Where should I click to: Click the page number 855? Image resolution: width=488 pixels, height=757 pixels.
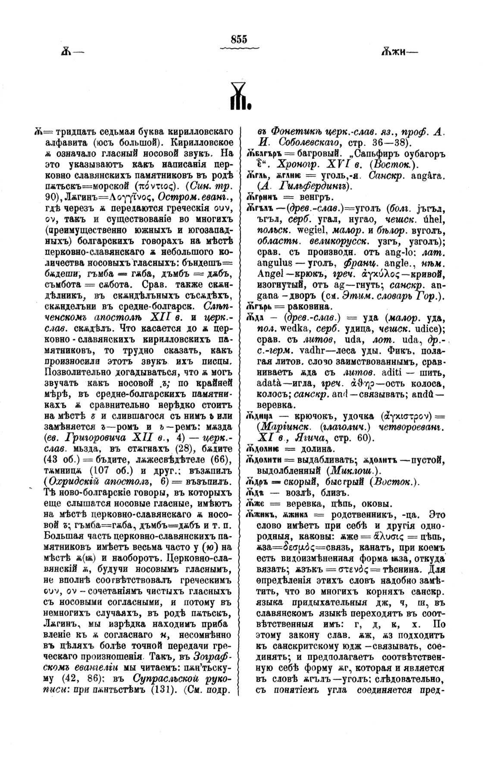(x=239, y=39)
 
